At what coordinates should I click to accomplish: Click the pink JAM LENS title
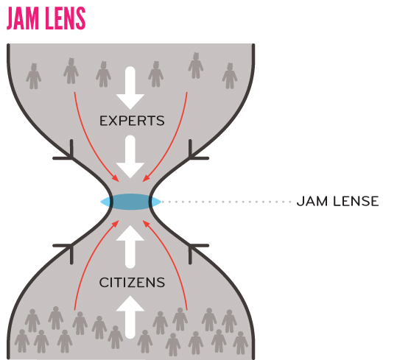tap(46, 18)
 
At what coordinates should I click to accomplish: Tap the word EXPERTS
tap(132, 121)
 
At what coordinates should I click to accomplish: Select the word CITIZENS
tap(132, 283)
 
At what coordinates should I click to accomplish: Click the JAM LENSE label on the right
tap(338, 202)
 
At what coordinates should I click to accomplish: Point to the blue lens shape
tap(130, 202)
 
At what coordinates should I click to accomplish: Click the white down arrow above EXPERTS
tap(130, 88)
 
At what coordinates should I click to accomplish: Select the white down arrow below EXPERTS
tap(130, 157)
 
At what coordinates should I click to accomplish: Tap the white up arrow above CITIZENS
tap(130, 247)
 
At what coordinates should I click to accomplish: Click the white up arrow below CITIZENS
tap(130, 317)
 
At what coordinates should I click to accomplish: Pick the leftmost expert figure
tap(33, 76)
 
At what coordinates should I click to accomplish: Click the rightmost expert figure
tap(230, 76)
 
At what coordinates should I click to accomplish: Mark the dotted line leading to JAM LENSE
tap(226, 202)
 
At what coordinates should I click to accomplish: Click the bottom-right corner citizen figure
tap(241, 343)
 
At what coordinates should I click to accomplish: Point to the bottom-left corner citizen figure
tap(22, 341)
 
